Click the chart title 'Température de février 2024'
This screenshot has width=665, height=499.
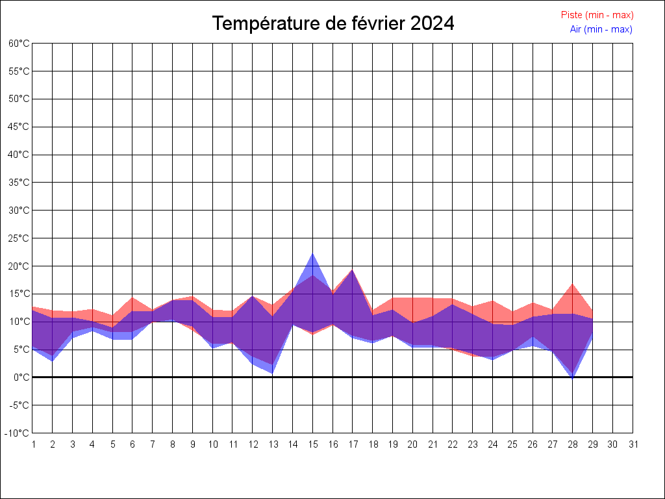333,23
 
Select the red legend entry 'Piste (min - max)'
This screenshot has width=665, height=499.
597,15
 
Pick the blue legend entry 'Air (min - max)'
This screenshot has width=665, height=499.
601,29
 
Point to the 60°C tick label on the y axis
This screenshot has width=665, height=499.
19,44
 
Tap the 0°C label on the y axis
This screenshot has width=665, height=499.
21,377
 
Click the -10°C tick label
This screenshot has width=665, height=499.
18,433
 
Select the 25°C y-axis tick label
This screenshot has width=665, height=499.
19,238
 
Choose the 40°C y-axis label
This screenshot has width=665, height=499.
19,155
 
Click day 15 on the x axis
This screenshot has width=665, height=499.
313,444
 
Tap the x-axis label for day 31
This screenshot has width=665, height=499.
633,444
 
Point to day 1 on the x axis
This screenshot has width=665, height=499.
32,444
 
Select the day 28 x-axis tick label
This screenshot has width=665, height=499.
573,444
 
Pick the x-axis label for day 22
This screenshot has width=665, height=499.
453,444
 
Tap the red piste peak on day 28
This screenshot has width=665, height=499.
573,284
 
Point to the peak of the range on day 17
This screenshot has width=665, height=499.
353,270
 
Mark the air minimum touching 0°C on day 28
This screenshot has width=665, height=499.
573,377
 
